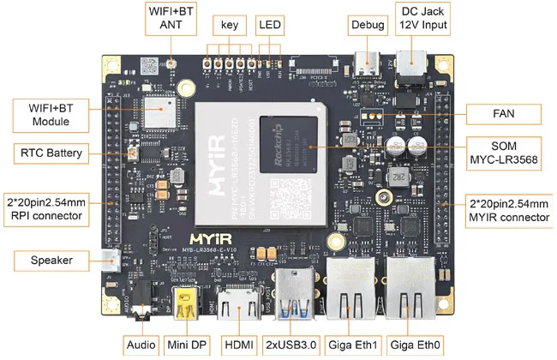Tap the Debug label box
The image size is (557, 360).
tap(367, 25)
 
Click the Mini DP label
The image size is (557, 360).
tap(188, 345)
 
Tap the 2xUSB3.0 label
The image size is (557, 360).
tap(293, 345)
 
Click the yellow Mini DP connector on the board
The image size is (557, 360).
tap(186, 304)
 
